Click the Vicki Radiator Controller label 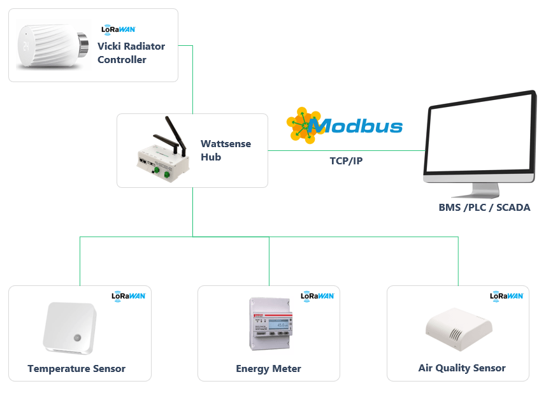131,53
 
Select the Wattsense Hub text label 226,150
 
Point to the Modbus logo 345,125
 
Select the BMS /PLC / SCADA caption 484,208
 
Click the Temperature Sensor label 76,369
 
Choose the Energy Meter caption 268,369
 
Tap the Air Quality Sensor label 462,368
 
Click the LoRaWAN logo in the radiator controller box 118,29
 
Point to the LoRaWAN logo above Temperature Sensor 128,296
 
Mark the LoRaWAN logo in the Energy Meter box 317,296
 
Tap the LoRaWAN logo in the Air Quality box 506,296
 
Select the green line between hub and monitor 347,151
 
